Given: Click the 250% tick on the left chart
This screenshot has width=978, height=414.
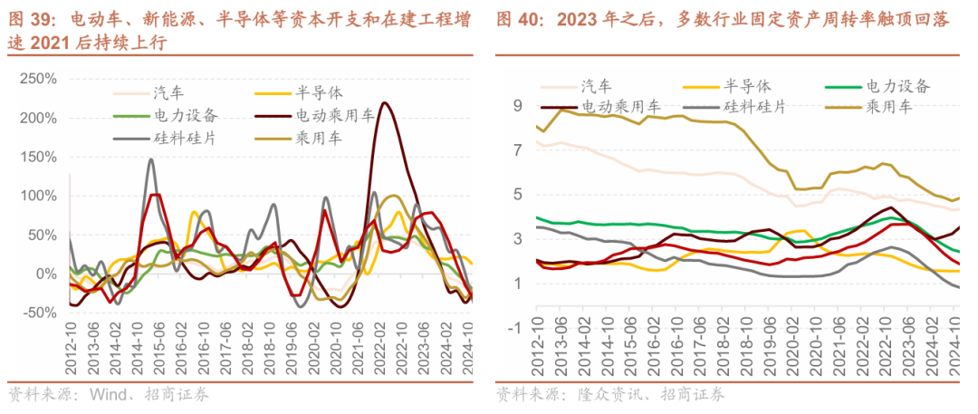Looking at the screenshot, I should [x=34, y=80].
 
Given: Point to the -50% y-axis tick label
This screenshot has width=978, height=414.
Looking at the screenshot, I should [x=34, y=313].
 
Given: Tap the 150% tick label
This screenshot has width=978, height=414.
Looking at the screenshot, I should [x=34, y=157].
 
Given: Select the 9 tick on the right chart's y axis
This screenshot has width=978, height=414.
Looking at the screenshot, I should [x=518, y=106].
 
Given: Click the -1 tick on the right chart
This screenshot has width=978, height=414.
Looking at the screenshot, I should [x=515, y=327].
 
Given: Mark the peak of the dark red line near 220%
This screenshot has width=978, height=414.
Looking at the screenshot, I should [x=386, y=103].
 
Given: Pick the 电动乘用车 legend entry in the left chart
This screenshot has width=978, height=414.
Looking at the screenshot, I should [x=333, y=115].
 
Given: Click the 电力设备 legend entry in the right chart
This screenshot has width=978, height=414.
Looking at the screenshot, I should [x=896, y=86].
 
